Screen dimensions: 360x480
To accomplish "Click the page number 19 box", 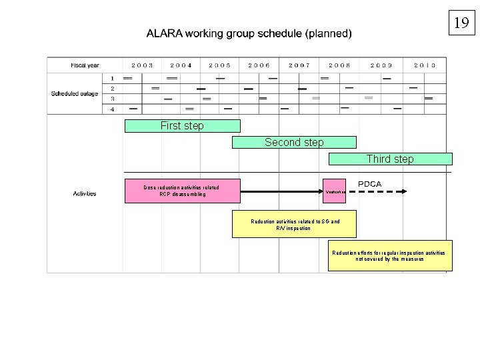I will (x=461, y=23).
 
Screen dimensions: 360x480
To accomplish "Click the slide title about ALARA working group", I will (x=250, y=33).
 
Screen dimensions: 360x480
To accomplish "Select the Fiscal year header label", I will (x=85, y=65).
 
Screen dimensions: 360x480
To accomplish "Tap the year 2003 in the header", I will (x=142, y=65).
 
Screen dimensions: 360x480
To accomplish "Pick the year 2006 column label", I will (x=259, y=65).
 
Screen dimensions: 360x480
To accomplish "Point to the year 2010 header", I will (x=425, y=65).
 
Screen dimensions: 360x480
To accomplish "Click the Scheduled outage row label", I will (x=75, y=93).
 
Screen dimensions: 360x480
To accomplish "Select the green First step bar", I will (x=182, y=126).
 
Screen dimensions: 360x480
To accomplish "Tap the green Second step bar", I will (x=294, y=142).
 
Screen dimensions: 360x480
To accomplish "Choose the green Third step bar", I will (x=390, y=159).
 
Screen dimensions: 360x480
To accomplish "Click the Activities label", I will (x=85, y=193).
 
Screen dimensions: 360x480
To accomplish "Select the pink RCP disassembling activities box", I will (x=182, y=191).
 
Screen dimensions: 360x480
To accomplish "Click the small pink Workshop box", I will (x=335, y=191).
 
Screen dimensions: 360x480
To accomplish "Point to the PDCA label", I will (x=370, y=183).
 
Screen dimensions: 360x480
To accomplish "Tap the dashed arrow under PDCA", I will (x=378, y=191).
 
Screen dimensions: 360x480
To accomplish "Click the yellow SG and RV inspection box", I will (x=294, y=225).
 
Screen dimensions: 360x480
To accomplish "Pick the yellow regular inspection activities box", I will (x=390, y=256).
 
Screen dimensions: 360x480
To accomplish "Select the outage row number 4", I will (x=112, y=109).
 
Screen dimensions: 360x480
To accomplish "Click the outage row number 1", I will (x=112, y=78).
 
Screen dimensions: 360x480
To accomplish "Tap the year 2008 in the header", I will (x=339, y=65).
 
